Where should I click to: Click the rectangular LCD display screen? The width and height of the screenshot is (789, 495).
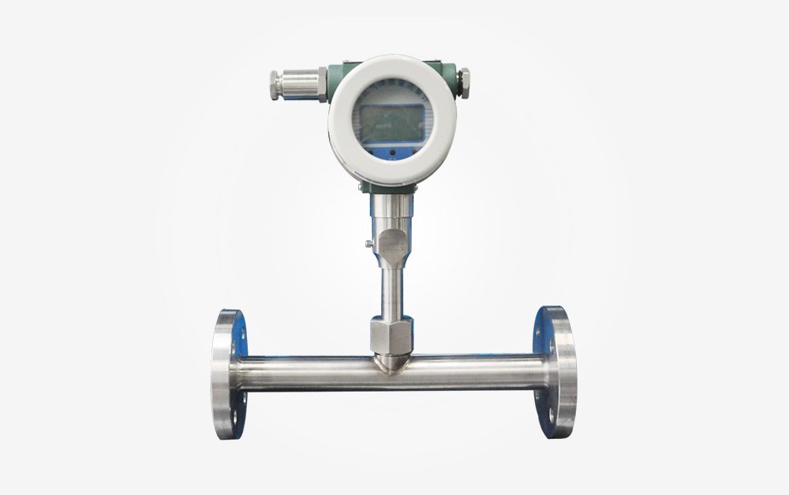391,122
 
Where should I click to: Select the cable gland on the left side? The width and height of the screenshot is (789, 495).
298,83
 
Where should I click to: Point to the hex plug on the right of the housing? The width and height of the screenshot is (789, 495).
464,81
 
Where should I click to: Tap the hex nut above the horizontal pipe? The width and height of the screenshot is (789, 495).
391,335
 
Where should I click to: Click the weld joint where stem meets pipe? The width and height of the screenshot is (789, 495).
391,363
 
